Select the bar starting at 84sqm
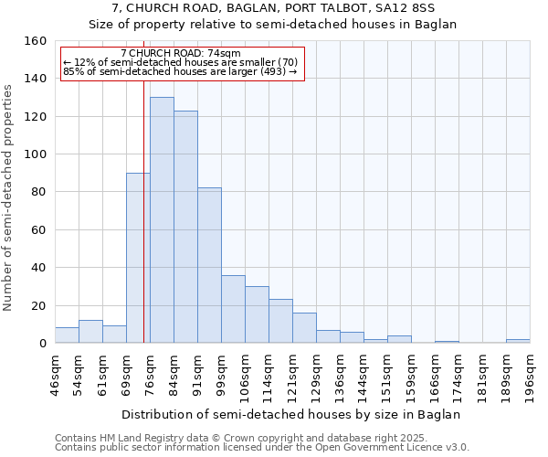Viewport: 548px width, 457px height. coord(185,227)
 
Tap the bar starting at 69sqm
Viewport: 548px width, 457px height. coord(138,258)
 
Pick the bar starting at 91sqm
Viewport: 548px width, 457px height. coord(209,265)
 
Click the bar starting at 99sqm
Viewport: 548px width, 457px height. coord(233,309)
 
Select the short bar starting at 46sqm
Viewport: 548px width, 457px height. coord(67,335)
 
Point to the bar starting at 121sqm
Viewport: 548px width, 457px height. coord(304,328)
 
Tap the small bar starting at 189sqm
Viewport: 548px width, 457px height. coord(518,341)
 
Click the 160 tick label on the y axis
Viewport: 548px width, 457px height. coord(36,41)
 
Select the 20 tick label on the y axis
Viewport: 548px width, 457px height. coord(39,305)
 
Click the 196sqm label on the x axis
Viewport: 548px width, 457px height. coord(531,375)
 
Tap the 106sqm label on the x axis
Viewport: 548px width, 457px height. coord(246,375)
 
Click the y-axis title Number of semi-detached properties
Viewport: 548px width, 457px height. coord(9,192)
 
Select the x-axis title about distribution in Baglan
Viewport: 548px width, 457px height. coord(290,414)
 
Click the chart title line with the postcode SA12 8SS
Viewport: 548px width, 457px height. coord(272,9)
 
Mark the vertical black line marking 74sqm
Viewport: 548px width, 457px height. coord(143,210)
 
